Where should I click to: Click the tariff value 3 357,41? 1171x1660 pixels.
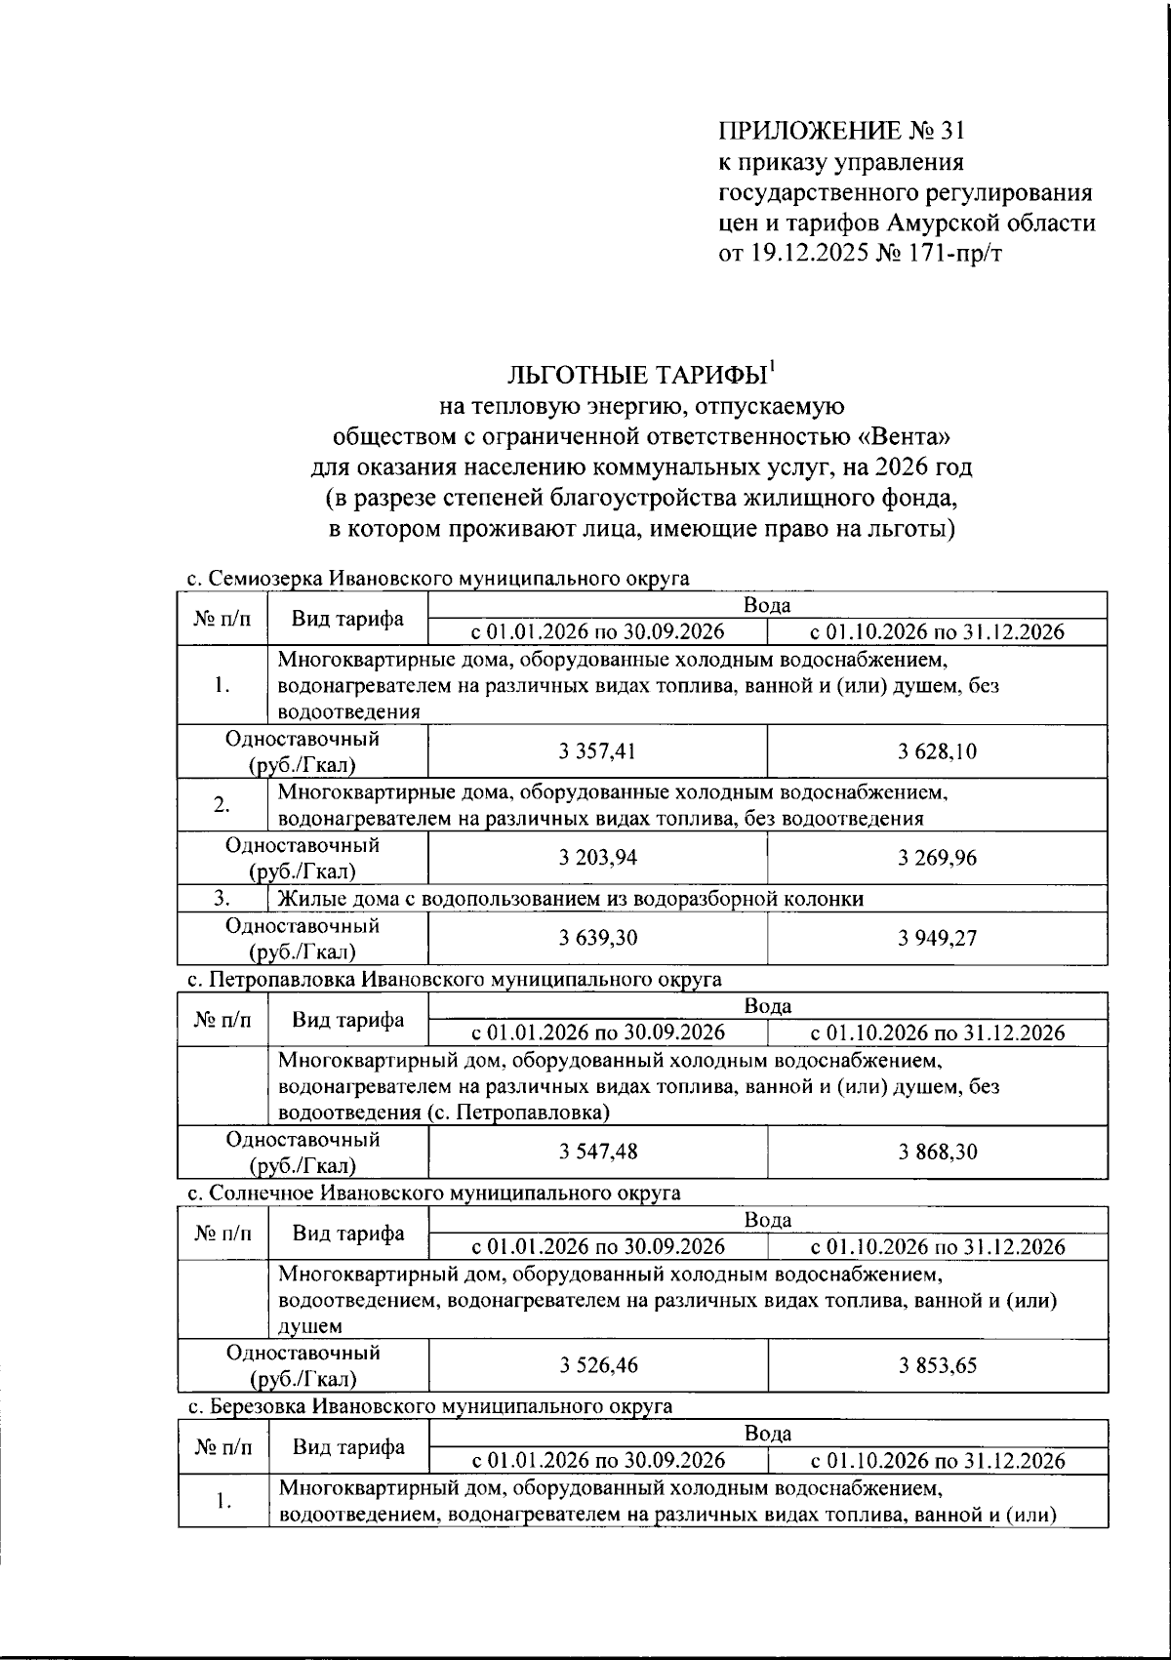click(598, 751)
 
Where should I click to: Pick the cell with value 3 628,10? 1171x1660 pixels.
click(937, 751)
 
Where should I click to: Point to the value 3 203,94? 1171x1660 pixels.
click(598, 858)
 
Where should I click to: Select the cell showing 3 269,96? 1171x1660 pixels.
click(937, 858)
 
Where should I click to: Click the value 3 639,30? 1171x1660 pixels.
click(598, 938)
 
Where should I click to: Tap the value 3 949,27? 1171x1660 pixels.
click(937, 938)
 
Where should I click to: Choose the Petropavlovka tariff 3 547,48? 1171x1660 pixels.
click(598, 1152)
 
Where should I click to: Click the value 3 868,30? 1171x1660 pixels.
click(937, 1152)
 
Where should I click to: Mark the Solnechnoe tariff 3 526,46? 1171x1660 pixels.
click(598, 1365)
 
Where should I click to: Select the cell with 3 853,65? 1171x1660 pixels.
click(937, 1365)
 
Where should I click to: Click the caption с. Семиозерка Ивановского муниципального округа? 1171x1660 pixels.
click(437, 579)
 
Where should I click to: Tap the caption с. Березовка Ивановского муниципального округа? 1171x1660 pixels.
click(429, 1406)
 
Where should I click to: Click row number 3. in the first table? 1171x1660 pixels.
click(222, 899)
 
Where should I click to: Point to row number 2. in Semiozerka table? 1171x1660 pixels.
click(222, 805)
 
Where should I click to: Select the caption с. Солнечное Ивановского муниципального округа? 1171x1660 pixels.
click(433, 1193)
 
